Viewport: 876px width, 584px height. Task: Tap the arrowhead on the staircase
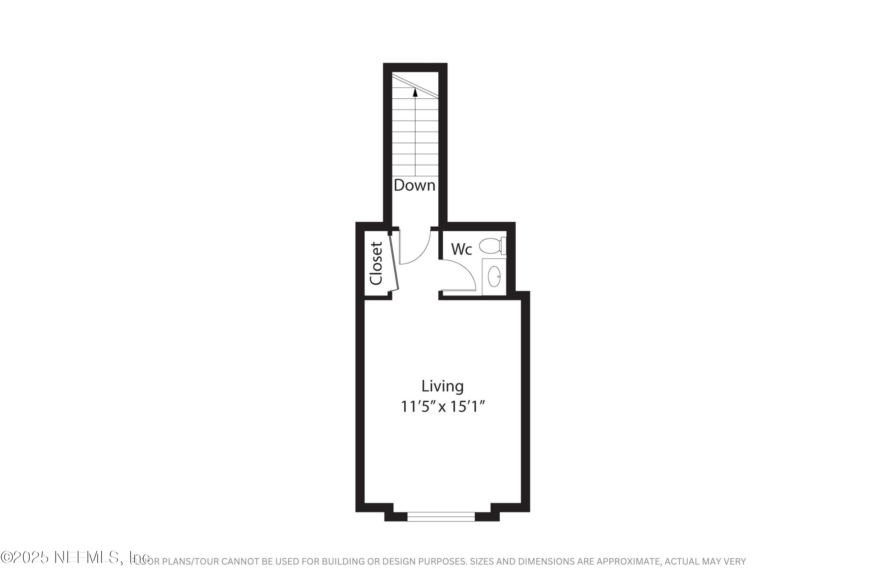(415, 92)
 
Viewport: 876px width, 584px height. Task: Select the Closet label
(376, 263)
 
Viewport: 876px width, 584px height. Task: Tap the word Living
(442, 386)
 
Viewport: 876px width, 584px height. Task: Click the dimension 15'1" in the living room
(468, 406)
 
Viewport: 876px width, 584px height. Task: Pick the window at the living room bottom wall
(441, 517)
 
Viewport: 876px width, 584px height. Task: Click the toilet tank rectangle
(503, 246)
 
